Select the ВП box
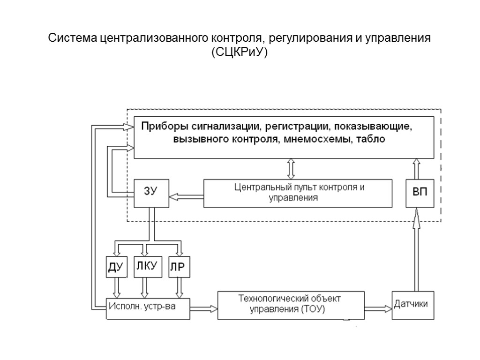click(420, 193)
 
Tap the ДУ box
click(115, 267)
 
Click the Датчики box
click(410, 304)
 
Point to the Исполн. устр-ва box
click(149, 307)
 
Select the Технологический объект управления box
click(291, 305)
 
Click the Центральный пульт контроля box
click(299, 193)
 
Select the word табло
click(370, 139)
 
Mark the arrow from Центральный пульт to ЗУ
click(186, 197)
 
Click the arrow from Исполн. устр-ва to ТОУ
click(204, 308)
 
